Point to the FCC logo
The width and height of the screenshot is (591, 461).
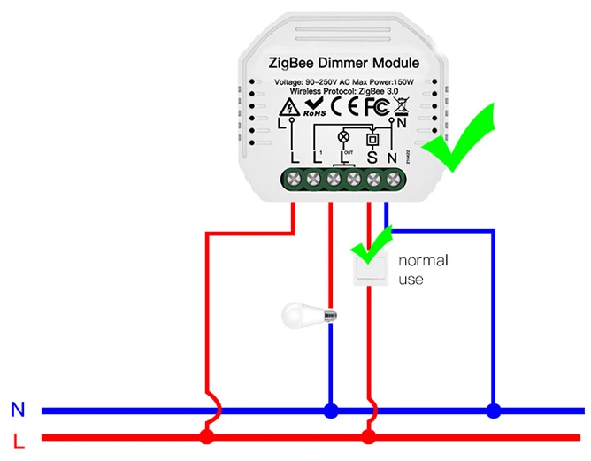tap(374, 106)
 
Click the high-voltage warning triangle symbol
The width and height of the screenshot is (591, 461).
tap(287, 108)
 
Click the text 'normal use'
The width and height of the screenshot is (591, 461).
tap(422, 270)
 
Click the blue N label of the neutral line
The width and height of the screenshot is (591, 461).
tap(18, 410)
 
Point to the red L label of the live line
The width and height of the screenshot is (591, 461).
tap(18, 439)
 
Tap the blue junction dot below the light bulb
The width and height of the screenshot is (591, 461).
tap(330, 411)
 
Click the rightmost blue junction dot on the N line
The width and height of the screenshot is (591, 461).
tap(494, 411)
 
